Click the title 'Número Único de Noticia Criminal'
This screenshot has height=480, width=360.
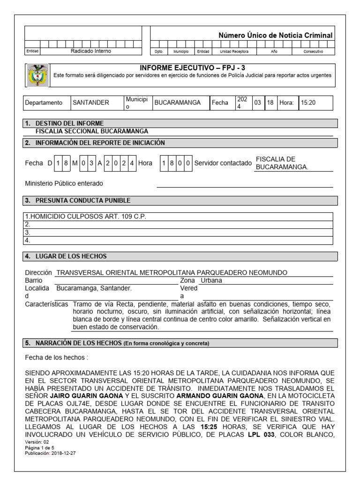click(276, 35)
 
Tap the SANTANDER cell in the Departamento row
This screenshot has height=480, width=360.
click(90, 103)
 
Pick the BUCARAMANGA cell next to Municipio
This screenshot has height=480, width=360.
click(177, 103)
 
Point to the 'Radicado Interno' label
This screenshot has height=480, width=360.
click(91, 51)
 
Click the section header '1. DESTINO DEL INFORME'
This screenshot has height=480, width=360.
click(65, 123)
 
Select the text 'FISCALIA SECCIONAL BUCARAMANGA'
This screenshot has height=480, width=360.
click(92, 131)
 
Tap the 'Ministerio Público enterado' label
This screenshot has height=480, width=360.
click(64, 183)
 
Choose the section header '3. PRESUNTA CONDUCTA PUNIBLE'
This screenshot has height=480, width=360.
click(77, 201)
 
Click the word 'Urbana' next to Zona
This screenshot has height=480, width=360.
click(211, 280)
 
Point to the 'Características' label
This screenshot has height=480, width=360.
click(46, 304)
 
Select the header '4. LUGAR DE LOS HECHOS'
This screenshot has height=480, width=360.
click(66, 256)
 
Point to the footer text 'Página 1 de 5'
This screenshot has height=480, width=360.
click(40, 448)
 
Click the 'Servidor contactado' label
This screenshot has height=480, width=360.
click(223, 163)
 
